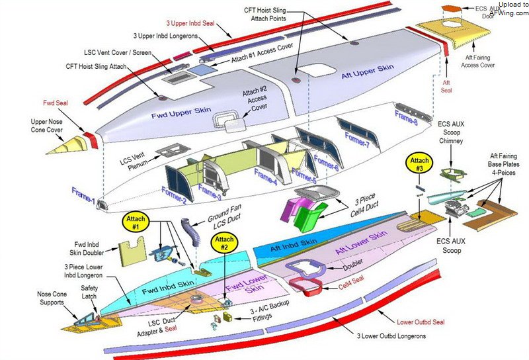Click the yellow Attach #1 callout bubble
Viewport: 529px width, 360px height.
136,223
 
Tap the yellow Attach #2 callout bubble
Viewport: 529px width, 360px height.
223,244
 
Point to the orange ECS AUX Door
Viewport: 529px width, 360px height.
451,9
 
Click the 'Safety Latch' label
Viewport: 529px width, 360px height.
90,292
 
